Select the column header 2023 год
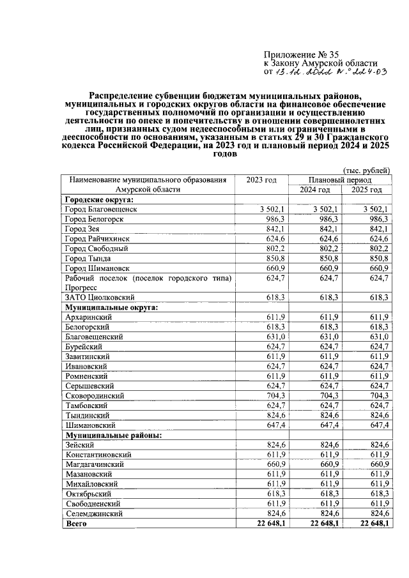click(x=261, y=180)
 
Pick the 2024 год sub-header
click(x=314, y=190)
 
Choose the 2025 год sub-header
click(x=367, y=190)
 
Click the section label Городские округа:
click(x=95, y=200)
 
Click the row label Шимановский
click(x=90, y=425)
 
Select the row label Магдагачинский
click(x=95, y=464)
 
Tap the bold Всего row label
click(x=76, y=524)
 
